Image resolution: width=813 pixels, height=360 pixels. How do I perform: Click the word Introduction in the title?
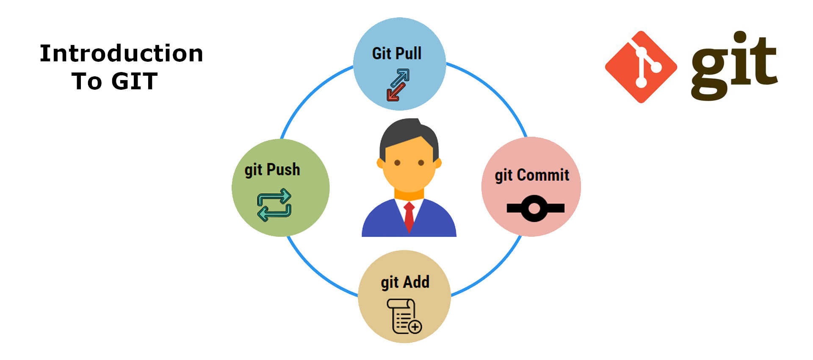[122, 54]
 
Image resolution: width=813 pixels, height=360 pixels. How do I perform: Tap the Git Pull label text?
[397, 54]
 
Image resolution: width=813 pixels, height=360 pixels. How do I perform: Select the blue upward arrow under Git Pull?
[401, 78]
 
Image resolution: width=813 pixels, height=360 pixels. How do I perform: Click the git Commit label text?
[532, 175]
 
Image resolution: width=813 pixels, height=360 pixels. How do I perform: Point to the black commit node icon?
[534, 208]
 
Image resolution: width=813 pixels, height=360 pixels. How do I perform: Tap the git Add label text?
[405, 282]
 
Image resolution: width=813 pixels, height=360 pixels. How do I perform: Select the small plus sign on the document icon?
[415, 327]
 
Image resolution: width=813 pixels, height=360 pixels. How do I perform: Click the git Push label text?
[272, 170]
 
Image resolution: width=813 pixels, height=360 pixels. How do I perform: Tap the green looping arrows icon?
[274, 205]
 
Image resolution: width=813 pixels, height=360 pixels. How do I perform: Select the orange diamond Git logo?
[641, 67]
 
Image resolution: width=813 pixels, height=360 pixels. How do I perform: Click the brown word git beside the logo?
[734, 68]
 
